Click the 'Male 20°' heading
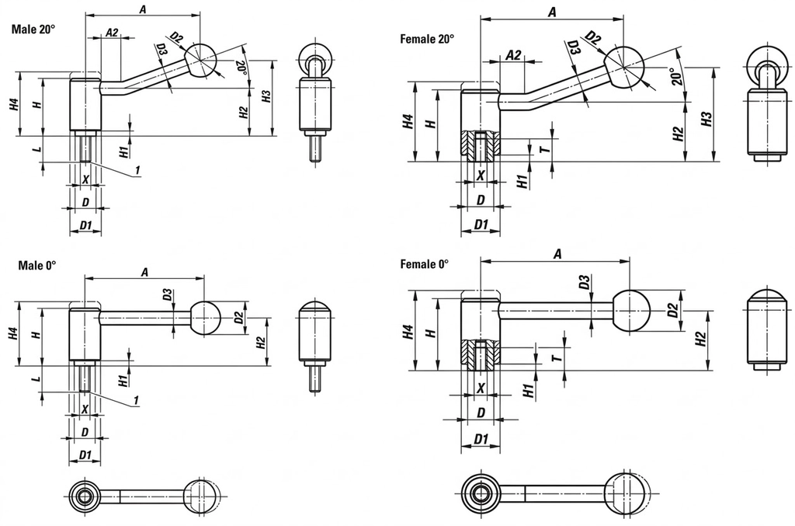33,30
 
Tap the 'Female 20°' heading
427,39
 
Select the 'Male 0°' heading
37,265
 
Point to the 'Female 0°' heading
425,264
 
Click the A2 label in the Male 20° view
112,33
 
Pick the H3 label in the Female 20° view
706,119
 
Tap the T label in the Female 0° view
557,359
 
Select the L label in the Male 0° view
37,378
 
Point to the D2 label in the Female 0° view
672,309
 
